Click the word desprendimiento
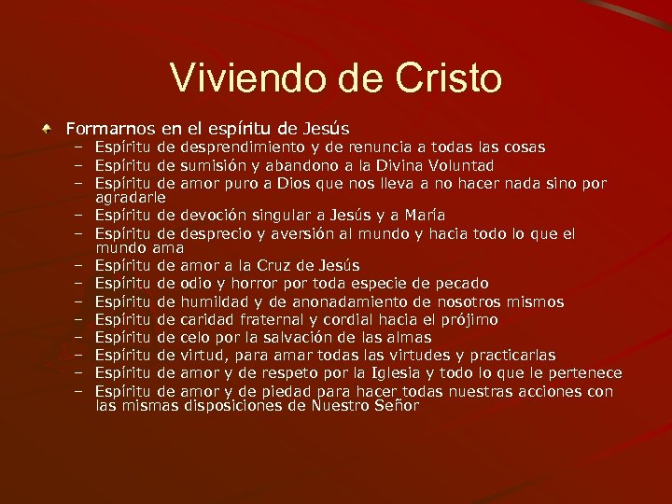(242, 147)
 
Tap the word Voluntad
(455, 164)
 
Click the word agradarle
(130, 198)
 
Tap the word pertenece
(583, 372)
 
